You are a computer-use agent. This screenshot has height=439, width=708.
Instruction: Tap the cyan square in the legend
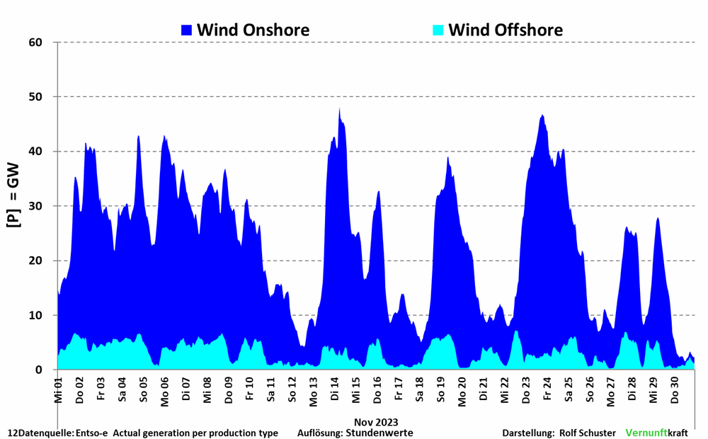click(438, 30)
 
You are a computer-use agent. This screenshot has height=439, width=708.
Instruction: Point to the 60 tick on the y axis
click(35, 42)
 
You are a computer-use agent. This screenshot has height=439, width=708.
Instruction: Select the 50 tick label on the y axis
click(35, 97)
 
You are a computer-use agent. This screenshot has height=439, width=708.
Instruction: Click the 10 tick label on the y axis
click(35, 315)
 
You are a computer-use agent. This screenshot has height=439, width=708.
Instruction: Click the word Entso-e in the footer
click(91, 433)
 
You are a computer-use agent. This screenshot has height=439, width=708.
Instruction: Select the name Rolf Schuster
click(587, 433)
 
